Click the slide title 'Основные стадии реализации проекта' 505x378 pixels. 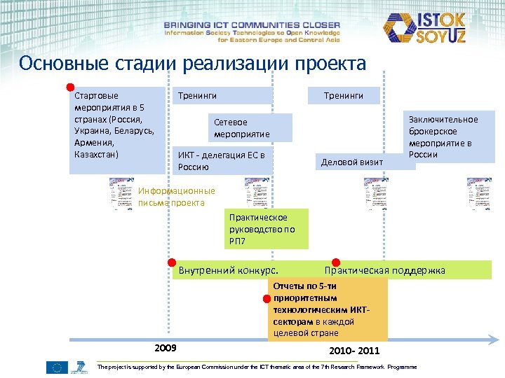193,64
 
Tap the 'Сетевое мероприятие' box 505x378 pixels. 250,128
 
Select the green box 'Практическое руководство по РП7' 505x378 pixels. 267,229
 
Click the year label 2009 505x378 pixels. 165,348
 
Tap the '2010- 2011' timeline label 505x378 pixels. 354,350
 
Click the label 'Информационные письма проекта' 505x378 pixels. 175,197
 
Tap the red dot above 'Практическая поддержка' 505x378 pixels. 335,262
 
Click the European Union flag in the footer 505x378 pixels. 57,367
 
